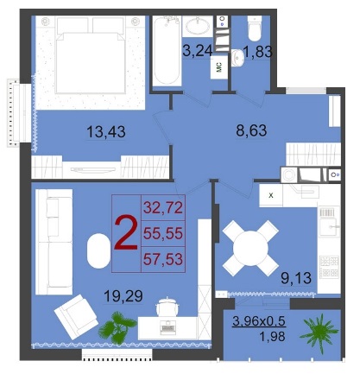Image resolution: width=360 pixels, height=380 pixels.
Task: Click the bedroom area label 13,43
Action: [106, 132]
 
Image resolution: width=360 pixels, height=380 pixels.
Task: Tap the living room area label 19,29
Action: [123, 296]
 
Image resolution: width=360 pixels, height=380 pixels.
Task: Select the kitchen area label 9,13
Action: [296, 278]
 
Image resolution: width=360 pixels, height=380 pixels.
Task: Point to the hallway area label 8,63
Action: [251, 130]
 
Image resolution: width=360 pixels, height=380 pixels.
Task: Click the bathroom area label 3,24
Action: [198, 51]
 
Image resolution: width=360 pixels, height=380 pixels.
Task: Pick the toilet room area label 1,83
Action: [257, 52]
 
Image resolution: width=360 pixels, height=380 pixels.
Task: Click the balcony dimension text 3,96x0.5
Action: [259, 321]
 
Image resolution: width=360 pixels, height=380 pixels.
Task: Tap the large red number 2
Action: [126, 233]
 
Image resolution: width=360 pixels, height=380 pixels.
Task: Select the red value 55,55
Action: [163, 233]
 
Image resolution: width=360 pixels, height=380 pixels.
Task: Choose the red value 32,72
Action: [163, 207]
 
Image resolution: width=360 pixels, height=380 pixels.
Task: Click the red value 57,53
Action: [163, 259]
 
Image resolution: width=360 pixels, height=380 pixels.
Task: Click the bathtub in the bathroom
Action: [167, 51]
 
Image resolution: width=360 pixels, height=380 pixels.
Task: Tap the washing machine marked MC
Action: [219, 67]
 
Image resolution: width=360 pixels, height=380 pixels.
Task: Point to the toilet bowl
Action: [255, 28]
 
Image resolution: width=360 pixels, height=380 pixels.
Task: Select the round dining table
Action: [250, 248]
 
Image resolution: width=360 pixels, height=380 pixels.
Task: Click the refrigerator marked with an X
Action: [271, 195]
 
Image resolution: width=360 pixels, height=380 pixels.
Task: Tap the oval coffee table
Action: [98, 250]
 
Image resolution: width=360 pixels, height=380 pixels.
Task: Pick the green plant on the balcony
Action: [319, 333]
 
